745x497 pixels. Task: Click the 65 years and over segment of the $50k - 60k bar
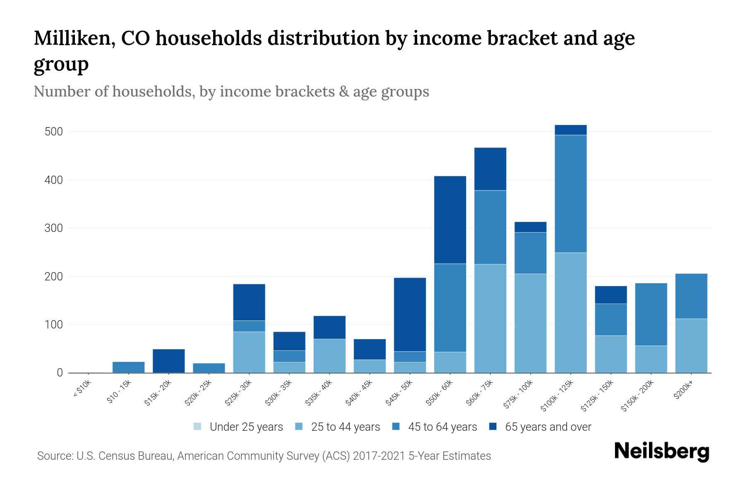pyautogui.click(x=450, y=220)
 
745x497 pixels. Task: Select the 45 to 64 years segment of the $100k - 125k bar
pyautogui.click(x=570, y=193)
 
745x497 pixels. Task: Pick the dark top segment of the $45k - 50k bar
pyautogui.click(x=410, y=314)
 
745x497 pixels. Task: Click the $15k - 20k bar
pyautogui.click(x=168, y=361)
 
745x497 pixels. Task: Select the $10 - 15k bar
pyautogui.click(x=128, y=367)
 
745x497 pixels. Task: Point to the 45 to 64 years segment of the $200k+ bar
pyautogui.click(x=691, y=296)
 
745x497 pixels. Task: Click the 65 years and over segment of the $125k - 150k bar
pyautogui.click(x=610, y=294)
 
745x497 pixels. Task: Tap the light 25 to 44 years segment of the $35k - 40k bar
pyautogui.click(x=329, y=355)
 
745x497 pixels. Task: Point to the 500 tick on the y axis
pyautogui.click(x=54, y=132)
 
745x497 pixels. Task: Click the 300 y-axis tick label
pyautogui.click(x=54, y=228)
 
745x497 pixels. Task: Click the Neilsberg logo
pyautogui.click(x=661, y=451)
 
